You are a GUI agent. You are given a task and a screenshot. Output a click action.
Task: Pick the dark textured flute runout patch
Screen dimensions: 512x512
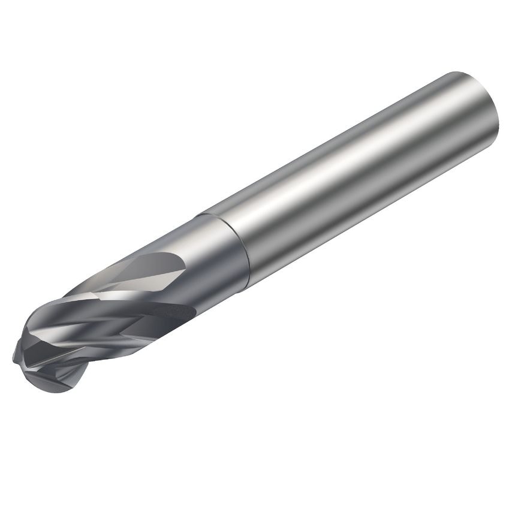pyautogui.click(x=171, y=312)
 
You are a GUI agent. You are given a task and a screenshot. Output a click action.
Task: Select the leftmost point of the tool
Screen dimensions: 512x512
pyautogui.click(x=13, y=359)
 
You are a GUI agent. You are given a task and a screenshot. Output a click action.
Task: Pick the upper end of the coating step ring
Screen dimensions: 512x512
pyautogui.click(x=204, y=213)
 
